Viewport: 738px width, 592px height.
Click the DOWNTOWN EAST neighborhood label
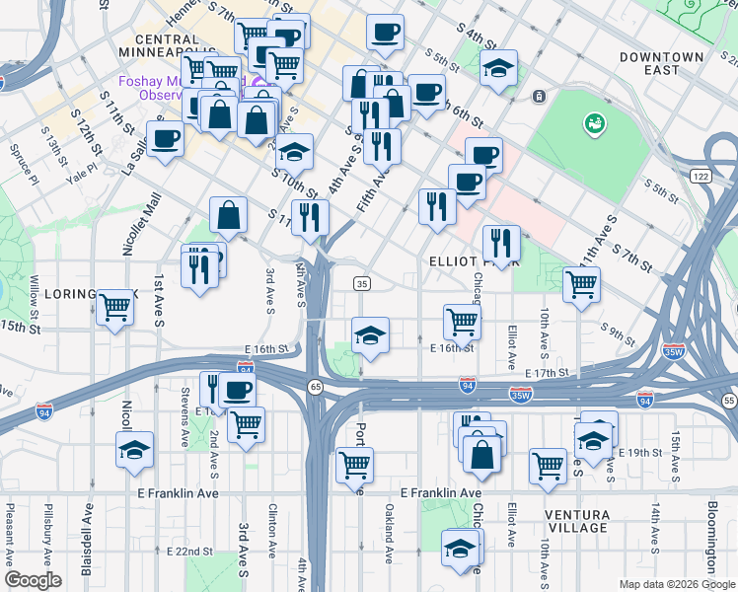tap(661, 63)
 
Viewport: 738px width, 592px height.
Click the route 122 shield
tap(701, 176)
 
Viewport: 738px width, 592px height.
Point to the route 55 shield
tap(728, 402)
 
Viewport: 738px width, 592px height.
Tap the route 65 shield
tap(315, 385)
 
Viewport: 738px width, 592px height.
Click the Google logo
tap(33, 580)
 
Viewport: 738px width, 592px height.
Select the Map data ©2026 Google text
tap(676, 584)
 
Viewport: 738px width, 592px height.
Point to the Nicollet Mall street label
tap(127, 224)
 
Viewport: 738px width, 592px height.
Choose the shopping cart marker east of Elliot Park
tap(581, 284)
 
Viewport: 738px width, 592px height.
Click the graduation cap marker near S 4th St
tap(499, 68)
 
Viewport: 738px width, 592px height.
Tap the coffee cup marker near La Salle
tap(165, 138)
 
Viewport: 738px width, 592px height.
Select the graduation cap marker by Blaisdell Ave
tap(135, 451)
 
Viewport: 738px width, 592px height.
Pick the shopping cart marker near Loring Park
tap(115, 309)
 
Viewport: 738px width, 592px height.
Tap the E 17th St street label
tap(549, 373)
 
